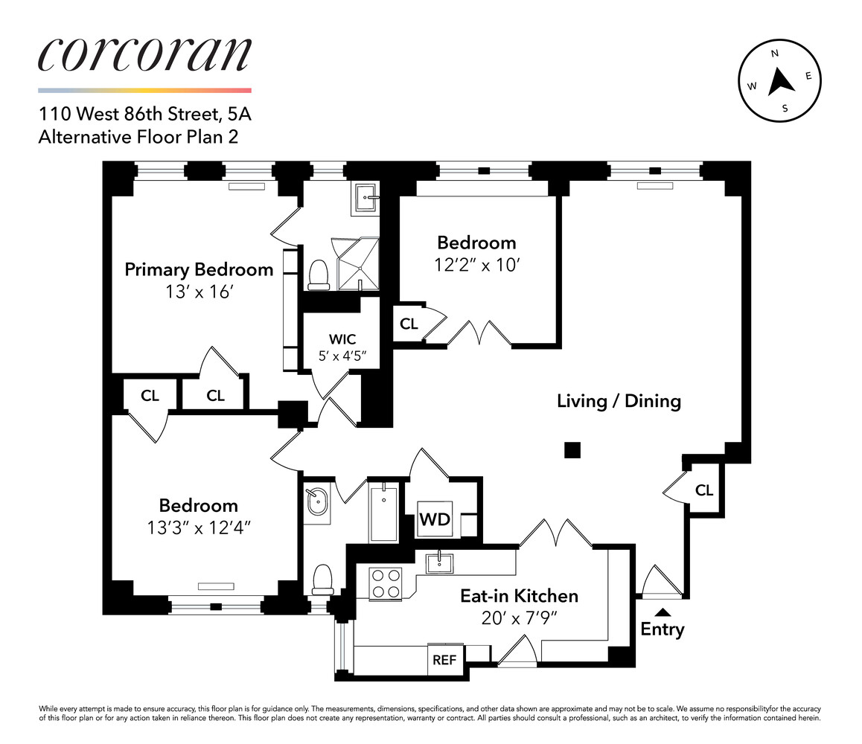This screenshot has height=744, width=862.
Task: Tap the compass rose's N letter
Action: pyautogui.click(x=775, y=54)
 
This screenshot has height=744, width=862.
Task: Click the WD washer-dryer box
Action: pyautogui.click(x=435, y=519)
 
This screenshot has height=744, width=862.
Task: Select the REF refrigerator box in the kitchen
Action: pyautogui.click(x=444, y=660)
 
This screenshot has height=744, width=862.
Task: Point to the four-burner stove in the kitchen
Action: pyautogui.click(x=386, y=583)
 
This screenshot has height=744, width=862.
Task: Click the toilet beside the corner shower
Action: pyautogui.click(x=319, y=274)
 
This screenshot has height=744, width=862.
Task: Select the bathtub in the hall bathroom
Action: pyautogui.click(x=384, y=512)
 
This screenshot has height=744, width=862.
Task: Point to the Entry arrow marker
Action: pyautogui.click(x=663, y=612)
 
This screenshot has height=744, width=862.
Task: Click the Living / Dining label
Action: pyautogui.click(x=619, y=401)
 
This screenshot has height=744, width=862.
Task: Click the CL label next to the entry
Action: pyautogui.click(x=703, y=490)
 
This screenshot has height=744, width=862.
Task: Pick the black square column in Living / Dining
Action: pyautogui.click(x=572, y=450)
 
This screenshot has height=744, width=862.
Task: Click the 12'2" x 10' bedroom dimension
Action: pyautogui.click(x=476, y=265)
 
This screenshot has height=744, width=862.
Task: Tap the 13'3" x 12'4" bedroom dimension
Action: pyautogui.click(x=198, y=528)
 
